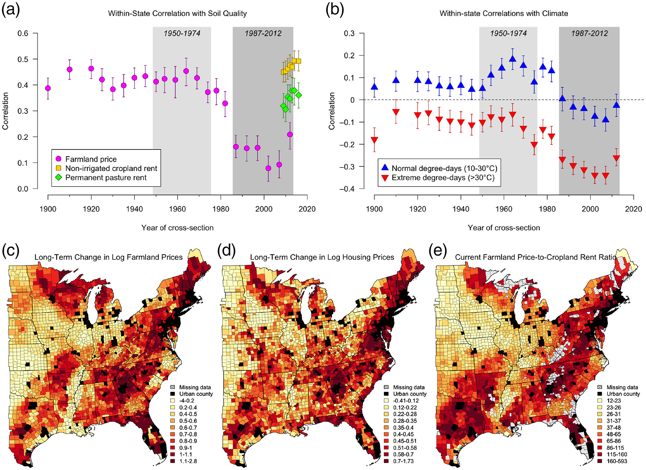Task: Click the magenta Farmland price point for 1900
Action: [48, 88]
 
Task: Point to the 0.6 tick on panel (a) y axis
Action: [23, 33]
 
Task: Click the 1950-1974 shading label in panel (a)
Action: [182, 33]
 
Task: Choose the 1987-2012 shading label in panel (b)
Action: [589, 33]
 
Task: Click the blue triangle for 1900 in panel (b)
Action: [374, 87]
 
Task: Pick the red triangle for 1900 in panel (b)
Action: [374, 140]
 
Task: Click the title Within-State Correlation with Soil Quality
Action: [177, 14]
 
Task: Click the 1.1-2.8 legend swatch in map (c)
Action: [173, 461]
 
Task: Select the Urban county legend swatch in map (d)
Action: [387, 394]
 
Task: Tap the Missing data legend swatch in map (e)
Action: [600, 387]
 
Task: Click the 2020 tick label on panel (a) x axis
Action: [307, 209]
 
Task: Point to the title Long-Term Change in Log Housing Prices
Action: [322, 257]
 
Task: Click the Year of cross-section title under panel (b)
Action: [504, 228]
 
